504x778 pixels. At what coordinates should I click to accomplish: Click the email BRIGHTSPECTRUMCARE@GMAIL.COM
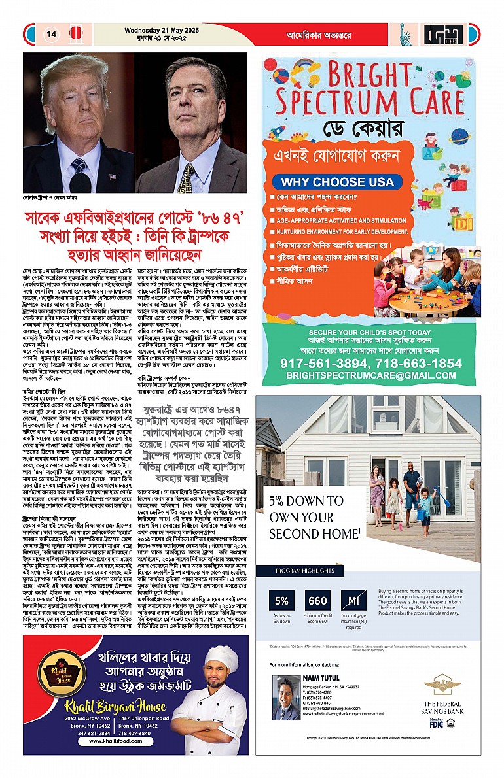pos(370,375)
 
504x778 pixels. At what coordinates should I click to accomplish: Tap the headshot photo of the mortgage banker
pos(285,698)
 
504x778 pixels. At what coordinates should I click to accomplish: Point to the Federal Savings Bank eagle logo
pos(442,685)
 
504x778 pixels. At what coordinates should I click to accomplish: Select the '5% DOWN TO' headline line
pos(306,501)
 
